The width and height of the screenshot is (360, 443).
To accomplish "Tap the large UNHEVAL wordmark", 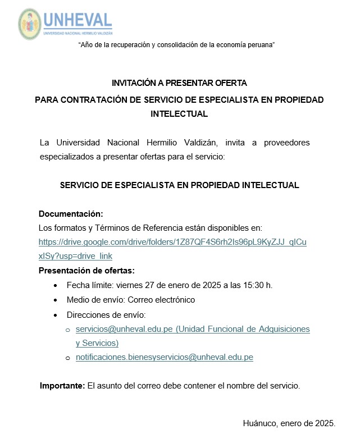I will (x=78, y=20).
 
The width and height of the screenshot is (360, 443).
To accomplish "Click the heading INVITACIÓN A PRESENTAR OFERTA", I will (x=179, y=83).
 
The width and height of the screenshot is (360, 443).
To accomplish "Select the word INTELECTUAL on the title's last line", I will (x=179, y=114).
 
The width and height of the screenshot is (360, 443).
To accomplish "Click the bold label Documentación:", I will (x=71, y=214).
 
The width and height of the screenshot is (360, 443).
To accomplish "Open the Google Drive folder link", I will (x=172, y=243).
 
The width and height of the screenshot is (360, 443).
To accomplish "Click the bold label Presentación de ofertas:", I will (x=86, y=271).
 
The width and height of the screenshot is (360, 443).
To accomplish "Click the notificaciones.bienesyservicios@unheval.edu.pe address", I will (x=165, y=357).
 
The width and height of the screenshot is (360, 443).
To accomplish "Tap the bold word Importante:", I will (x=62, y=386).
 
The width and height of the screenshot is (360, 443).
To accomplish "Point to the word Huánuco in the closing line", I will (x=260, y=423).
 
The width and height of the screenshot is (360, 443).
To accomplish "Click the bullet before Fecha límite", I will (x=55, y=286).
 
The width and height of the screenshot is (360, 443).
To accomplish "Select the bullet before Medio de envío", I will (x=55, y=300).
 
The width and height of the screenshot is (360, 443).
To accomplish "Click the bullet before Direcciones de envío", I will (x=55, y=315).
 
